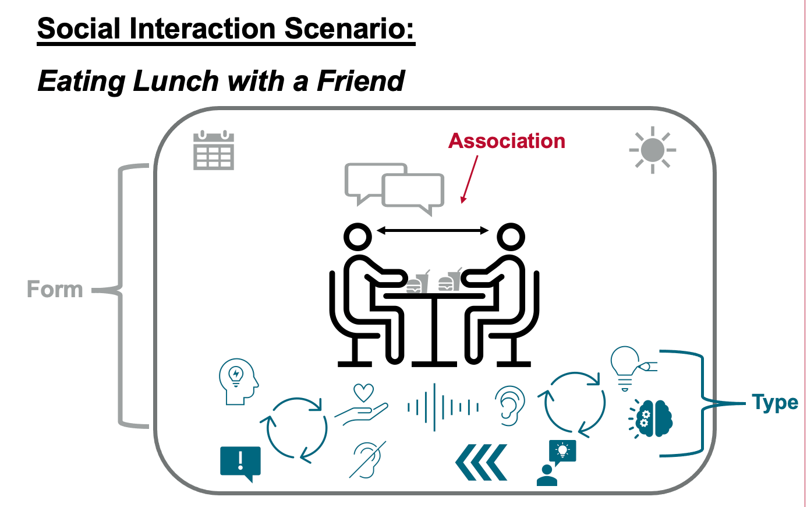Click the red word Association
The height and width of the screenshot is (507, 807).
click(507, 141)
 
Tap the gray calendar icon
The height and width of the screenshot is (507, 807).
click(214, 150)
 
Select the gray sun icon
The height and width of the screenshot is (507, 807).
click(653, 150)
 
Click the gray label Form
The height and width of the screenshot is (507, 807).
click(55, 289)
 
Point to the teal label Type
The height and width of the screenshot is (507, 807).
click(775, 403)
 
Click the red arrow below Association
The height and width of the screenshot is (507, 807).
click(469, 179)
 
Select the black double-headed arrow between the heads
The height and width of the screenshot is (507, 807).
click(433, 230)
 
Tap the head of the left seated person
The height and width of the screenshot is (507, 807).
click(358, 237)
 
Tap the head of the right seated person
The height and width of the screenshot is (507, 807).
click(511, 237)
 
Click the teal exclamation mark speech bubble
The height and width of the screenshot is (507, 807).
click(240, 463)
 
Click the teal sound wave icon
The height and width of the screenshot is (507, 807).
click(443, 407)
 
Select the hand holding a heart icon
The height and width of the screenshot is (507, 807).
click(362, 404)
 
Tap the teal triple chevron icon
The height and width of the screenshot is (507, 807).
click(481, 462)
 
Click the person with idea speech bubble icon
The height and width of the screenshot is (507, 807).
click(556, 463)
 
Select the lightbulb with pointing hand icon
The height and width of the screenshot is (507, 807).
click(633, 368)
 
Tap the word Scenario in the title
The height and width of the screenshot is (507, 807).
click(349, 29)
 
